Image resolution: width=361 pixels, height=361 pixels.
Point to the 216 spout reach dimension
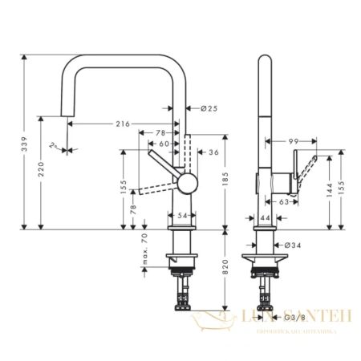(122, 124)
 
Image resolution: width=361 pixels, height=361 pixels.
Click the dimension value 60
(164, 143)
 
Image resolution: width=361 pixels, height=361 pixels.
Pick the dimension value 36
(213, 152)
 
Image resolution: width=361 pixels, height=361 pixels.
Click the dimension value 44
(266, 217)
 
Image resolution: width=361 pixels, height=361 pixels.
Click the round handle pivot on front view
(185, 182)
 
